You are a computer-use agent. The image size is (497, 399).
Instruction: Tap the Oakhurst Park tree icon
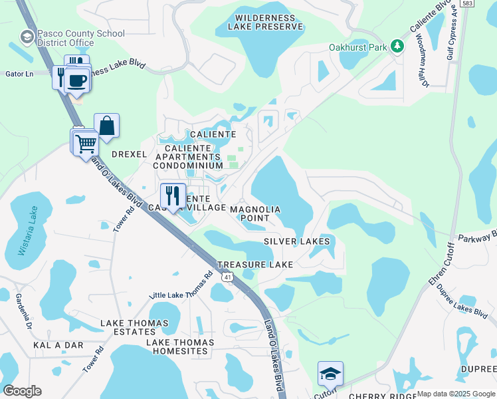pyautogui.click(x=397, y=46)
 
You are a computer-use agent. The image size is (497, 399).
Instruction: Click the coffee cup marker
pyautogui.click(x=76, y=81)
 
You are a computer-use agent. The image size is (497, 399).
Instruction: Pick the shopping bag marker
pyautogui.click(x=106, y=126)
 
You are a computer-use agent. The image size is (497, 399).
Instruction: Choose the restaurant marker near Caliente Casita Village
pyautogui.click(x=173, y=196)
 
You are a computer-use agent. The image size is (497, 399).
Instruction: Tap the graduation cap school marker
pyautogui.click(x=330, y=375)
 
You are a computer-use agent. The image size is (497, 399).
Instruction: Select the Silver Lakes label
pyautogui.click(x=296, y=241)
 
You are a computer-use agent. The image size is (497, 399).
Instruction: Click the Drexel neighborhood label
pyautogui.click(x=128, y=154)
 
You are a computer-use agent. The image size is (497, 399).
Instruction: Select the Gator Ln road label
pyautogui.click(x=19, y=73)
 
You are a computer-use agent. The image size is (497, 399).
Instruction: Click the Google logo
pyautogui.click(x=22, y=390)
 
